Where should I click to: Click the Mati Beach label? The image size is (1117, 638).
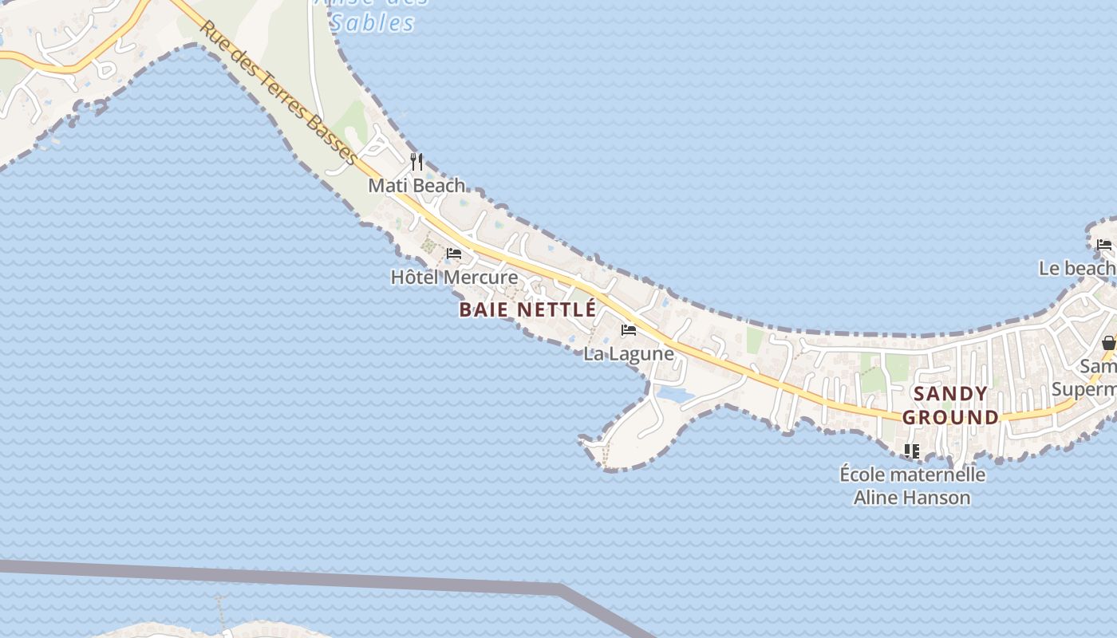pyautogui.click(x=416, y=186)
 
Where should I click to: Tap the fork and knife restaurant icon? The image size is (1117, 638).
pyautogui.click(x=416, y=162)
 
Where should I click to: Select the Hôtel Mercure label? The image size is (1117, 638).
pyautogui.click(x=454, y=278)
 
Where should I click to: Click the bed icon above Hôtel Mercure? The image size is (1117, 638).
pyautogui.click(x=454, y=254)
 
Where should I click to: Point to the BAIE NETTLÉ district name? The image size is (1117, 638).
pyautogui.click(x=527, y=309)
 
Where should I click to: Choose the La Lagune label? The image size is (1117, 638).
pyautogui.click(x=629, y=353)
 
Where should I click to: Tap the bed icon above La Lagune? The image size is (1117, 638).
pyautogui.click(x=629, y=330)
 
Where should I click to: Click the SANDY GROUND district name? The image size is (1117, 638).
pyautogui.click(x=950, y=405)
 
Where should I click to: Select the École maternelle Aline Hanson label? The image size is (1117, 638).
pyautogui.click(x=912, y=486)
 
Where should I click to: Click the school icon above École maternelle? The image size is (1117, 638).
pyautogui.click(x=912, y=451)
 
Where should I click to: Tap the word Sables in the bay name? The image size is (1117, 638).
pyautogui.click(x=373, y=23)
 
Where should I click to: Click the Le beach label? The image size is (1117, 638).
pyautogui.click(x=1077, y=268)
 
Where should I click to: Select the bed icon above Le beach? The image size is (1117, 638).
pyautogui.click(x=1104, y=244)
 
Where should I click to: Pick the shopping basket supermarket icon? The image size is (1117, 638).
pyautogui.click(x=1108, y=343)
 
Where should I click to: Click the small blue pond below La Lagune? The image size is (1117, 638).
pyautogui.click(x=672, y=394)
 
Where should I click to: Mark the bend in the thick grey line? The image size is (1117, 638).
pyautogui.click(x=561, y=589)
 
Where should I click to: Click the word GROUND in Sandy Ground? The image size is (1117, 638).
pyautogui.click(x=950, y=417)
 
